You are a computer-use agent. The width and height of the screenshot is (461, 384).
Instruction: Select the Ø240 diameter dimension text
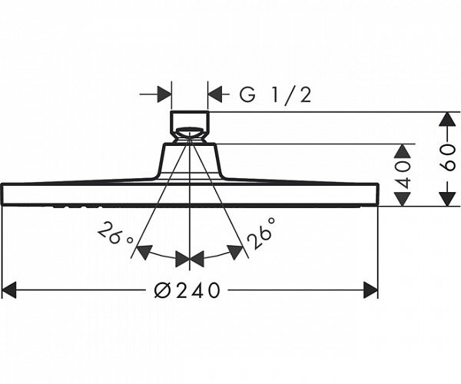tap(187, 290)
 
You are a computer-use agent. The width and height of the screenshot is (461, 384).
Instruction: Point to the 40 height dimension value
tap(404, 174)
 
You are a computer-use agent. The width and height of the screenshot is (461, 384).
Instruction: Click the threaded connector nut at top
tap(190, 124)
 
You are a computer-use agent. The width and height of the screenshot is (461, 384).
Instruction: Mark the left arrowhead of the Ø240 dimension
tap(9, 290)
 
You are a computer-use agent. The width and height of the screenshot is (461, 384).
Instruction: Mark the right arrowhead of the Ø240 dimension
tap(370, 290)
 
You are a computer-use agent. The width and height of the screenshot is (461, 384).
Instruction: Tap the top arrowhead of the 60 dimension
tap(447, 119)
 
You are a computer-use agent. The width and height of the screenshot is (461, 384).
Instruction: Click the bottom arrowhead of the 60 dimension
tap(447, 198)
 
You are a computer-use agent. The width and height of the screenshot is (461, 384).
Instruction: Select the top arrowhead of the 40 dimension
tap(403, 150)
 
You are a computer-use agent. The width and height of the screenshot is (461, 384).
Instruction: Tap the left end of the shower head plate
tap(4, 194)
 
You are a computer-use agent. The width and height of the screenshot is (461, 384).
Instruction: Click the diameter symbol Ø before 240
tap(161, 290)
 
